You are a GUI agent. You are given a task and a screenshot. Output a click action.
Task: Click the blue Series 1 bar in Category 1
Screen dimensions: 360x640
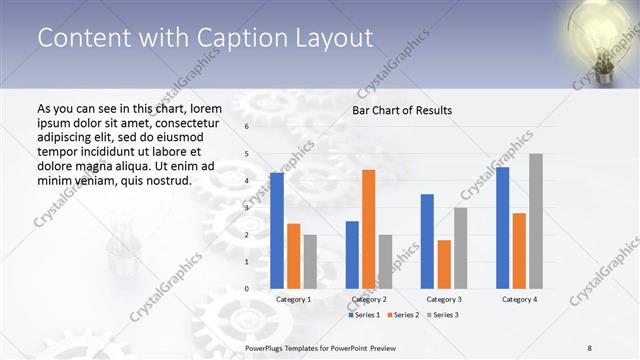(277, 231)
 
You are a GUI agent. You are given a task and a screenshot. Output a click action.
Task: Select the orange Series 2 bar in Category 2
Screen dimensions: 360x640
(368, 229)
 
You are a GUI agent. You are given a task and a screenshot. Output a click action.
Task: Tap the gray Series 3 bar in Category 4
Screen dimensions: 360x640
(536, 221)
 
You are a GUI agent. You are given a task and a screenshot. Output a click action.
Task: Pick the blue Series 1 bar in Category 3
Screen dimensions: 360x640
(427, 241)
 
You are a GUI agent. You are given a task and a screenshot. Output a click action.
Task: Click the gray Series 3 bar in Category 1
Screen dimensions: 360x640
(310, 261)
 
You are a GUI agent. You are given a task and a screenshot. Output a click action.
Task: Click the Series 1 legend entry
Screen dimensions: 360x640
(366, 315)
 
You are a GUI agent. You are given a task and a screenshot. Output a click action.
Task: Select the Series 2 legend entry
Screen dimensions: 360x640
(403, 315)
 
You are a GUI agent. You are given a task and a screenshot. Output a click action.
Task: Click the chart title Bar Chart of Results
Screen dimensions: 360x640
(402, 110)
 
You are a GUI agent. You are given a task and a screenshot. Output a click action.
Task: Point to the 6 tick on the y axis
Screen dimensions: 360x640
(246, 127)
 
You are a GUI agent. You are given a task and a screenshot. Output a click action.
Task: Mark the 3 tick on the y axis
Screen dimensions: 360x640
(246, 208)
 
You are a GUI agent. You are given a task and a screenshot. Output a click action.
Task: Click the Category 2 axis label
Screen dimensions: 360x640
(368, 299)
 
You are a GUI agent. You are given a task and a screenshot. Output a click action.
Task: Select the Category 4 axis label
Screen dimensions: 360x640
(518, 299)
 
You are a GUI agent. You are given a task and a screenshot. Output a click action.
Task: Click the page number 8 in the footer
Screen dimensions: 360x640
(590, 348)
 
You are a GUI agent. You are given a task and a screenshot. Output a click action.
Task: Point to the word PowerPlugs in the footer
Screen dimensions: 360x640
(265, 348)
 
